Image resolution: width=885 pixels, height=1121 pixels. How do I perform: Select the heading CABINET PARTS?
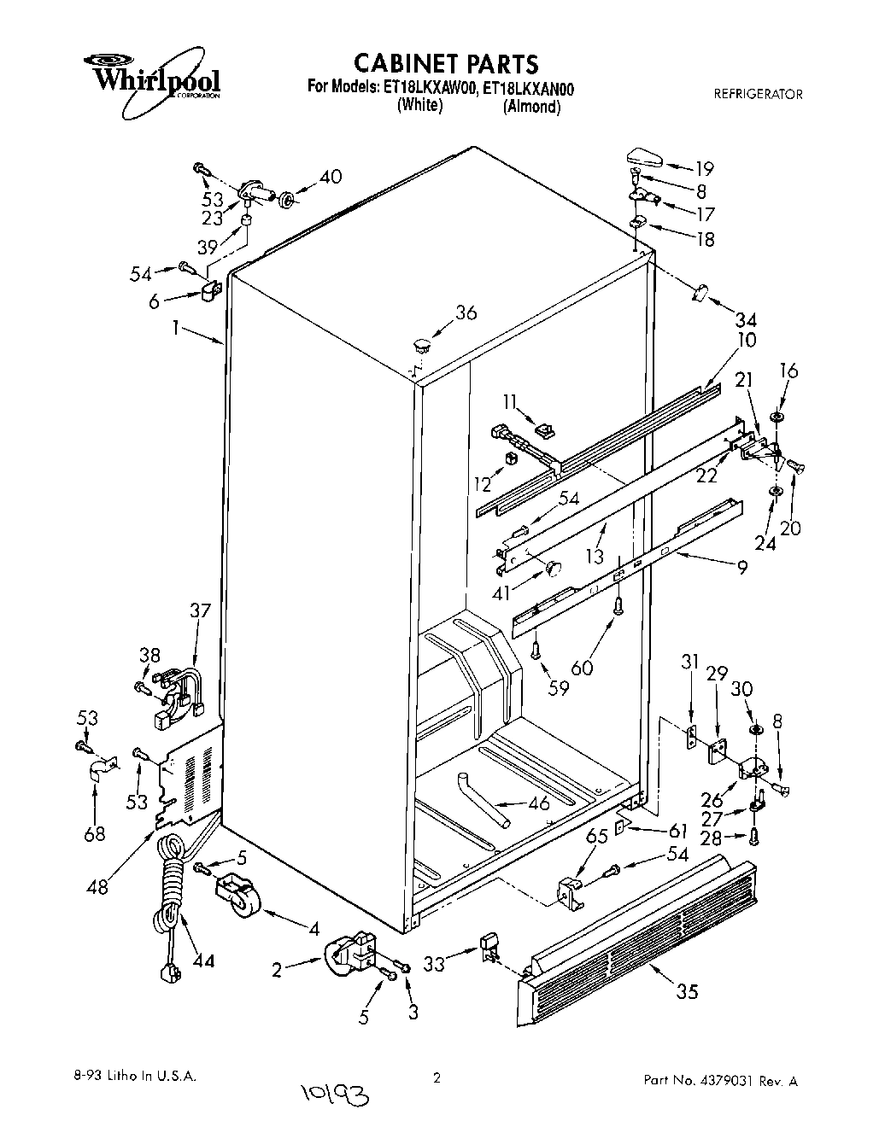click(446, 63)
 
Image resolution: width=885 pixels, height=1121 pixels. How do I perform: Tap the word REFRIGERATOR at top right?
click(758, 94)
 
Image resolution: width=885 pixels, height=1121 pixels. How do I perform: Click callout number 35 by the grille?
click(686, 991)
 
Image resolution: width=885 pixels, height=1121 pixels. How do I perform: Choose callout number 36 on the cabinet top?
click(466, 313)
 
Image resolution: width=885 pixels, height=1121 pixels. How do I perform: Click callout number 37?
click(200, 610)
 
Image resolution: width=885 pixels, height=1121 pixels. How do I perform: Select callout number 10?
click(746, 340)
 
